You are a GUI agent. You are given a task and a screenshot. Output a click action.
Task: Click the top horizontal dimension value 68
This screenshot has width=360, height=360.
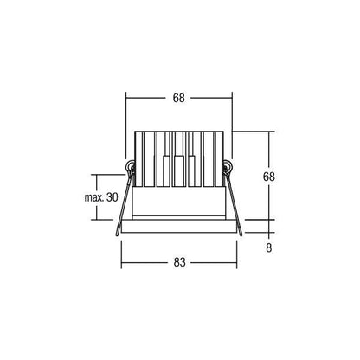point(178,98)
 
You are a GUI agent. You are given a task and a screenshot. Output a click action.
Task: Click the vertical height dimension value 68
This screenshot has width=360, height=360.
point(269,177)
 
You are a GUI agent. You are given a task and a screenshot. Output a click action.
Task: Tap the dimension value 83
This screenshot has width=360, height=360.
point(179,262)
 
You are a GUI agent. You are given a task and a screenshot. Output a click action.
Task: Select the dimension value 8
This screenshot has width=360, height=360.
point(269,247)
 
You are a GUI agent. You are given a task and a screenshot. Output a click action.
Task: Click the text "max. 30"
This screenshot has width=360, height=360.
point(101,197)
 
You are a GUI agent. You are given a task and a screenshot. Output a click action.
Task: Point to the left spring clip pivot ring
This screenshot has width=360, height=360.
point(132,167)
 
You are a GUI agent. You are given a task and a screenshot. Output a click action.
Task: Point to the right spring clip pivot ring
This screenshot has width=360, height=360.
point(227,167)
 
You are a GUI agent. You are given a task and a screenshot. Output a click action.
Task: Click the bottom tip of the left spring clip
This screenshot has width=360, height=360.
point(117,235)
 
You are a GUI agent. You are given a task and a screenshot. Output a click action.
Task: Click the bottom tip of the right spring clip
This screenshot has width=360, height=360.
point(241,235)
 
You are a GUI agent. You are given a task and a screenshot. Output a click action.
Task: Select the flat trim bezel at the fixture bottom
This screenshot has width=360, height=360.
point(179,226)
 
